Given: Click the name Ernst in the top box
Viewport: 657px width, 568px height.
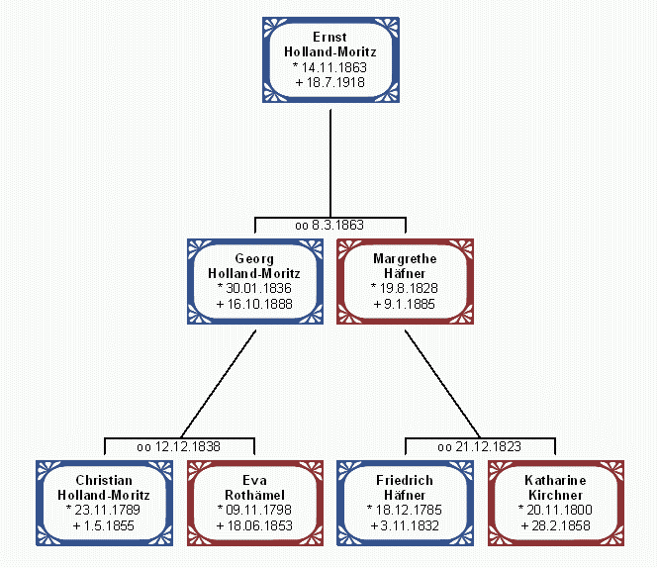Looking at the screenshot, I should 329,37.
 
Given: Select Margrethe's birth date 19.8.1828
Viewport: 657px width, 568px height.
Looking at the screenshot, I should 407,288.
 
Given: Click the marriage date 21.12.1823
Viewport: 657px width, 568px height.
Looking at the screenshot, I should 485,446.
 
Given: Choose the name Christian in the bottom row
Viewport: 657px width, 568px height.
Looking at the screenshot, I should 103,480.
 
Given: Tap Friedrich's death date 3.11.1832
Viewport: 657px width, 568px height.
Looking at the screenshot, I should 407,524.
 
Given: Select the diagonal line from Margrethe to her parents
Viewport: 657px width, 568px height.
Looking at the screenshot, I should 441,381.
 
